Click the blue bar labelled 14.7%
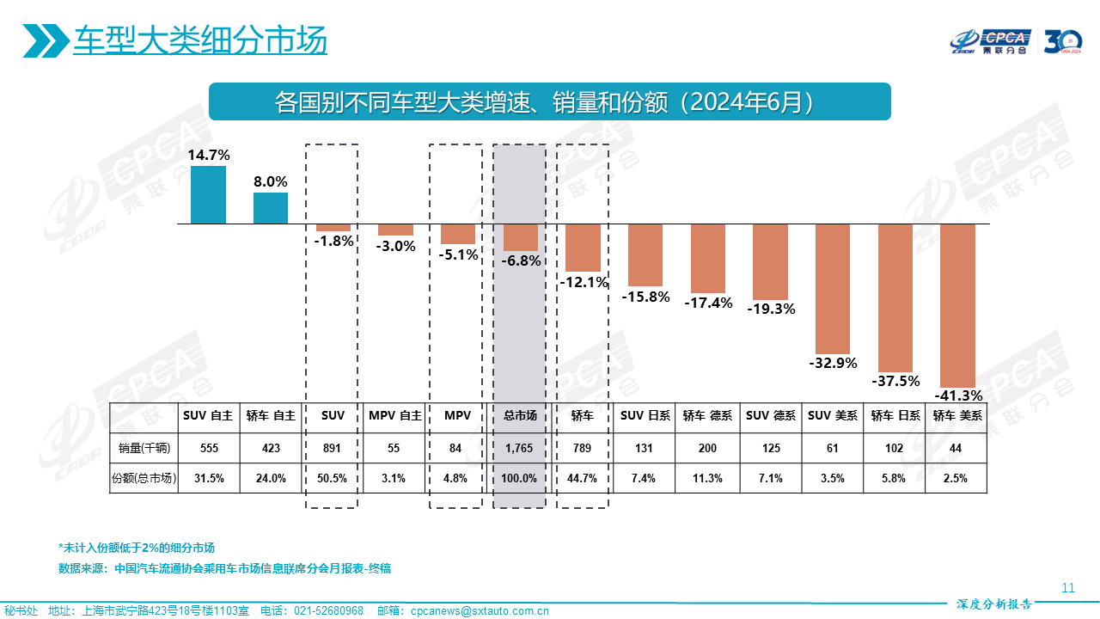coord(208,194)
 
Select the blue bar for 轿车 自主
coord(271,208)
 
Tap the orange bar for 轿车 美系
coord(958,305)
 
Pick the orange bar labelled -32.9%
coord(833,288)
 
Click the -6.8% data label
coord(521,260)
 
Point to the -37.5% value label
coord(895,381)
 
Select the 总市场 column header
coord(520,416)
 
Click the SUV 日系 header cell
coord(645,416)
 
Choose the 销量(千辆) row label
coord(144,448)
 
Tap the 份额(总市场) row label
coord(144,479)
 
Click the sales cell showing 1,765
coord(520,448)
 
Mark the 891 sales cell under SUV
coord(333,448)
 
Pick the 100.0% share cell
coord(520,479)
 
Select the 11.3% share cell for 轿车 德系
coord(707,479)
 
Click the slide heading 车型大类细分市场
coord(200,40)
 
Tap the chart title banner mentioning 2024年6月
coord(550,101)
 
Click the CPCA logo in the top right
coord(991,40)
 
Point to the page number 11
coord(1068,588)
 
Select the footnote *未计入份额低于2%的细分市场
coord(137,548)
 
